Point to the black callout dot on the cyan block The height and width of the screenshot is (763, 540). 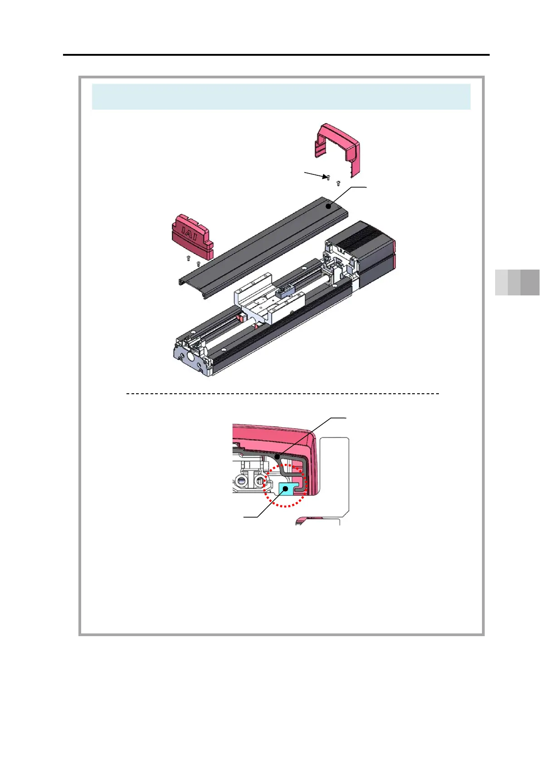pos(285,489)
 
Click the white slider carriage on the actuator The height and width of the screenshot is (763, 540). pos(268,308)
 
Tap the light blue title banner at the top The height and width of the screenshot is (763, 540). pos(281,97)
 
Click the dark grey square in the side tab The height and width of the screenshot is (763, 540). pos(530,282)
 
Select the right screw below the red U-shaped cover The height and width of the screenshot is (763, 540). pos(338,184)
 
